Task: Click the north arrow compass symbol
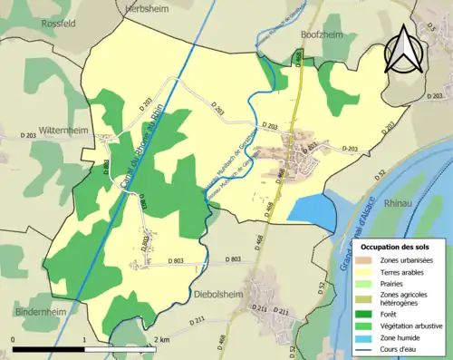(x=403, y=49)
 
